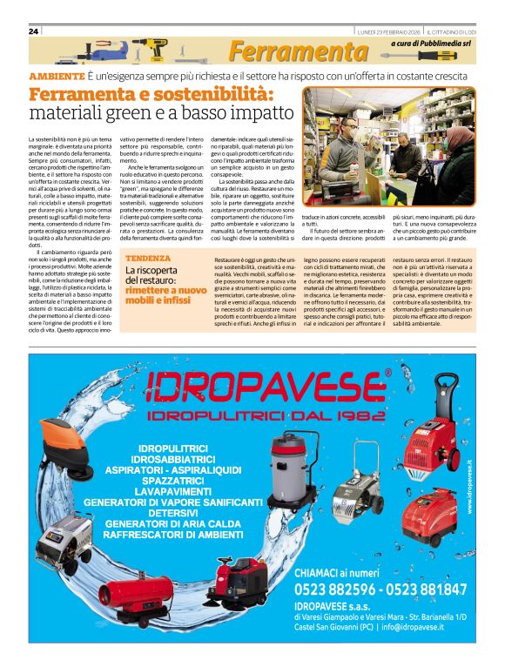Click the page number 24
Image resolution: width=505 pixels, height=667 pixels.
[33, 30]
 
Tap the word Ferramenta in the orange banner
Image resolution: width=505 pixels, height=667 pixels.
[299, 52]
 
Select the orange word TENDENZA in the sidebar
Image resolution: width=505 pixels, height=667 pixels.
[147, 259]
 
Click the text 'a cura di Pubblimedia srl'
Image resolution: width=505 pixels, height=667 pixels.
[433, 42]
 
